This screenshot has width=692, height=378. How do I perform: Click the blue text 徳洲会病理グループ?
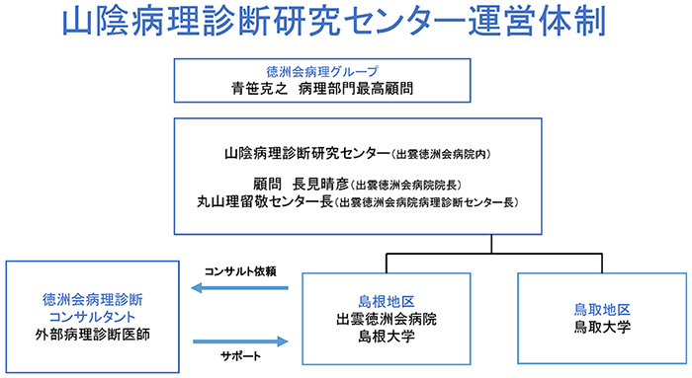point(346,72)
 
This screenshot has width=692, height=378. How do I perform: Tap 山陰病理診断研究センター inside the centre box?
point(307,155)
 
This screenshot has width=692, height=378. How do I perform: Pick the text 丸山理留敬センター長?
point(265,202)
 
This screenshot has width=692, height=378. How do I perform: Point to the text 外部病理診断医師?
point(87,334)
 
